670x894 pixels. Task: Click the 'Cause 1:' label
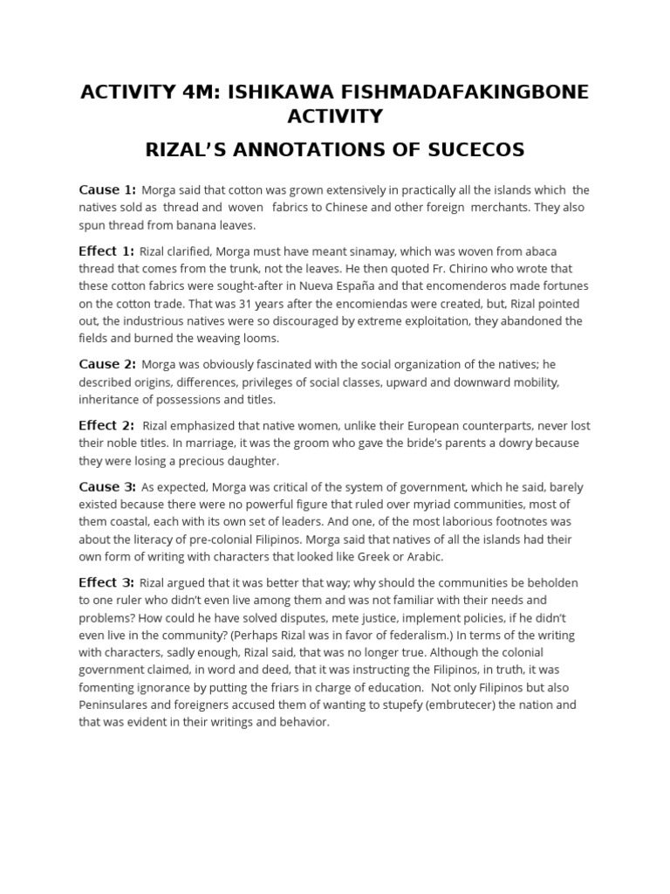point(107,189)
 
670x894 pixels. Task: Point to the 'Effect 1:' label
point(106,251)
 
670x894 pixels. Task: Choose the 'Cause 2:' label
point(107,365)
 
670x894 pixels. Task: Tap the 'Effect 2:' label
point(106,426)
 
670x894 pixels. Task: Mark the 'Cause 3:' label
point(107,486)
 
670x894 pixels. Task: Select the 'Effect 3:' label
point(106,582)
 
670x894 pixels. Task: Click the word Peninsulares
point(114,705)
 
